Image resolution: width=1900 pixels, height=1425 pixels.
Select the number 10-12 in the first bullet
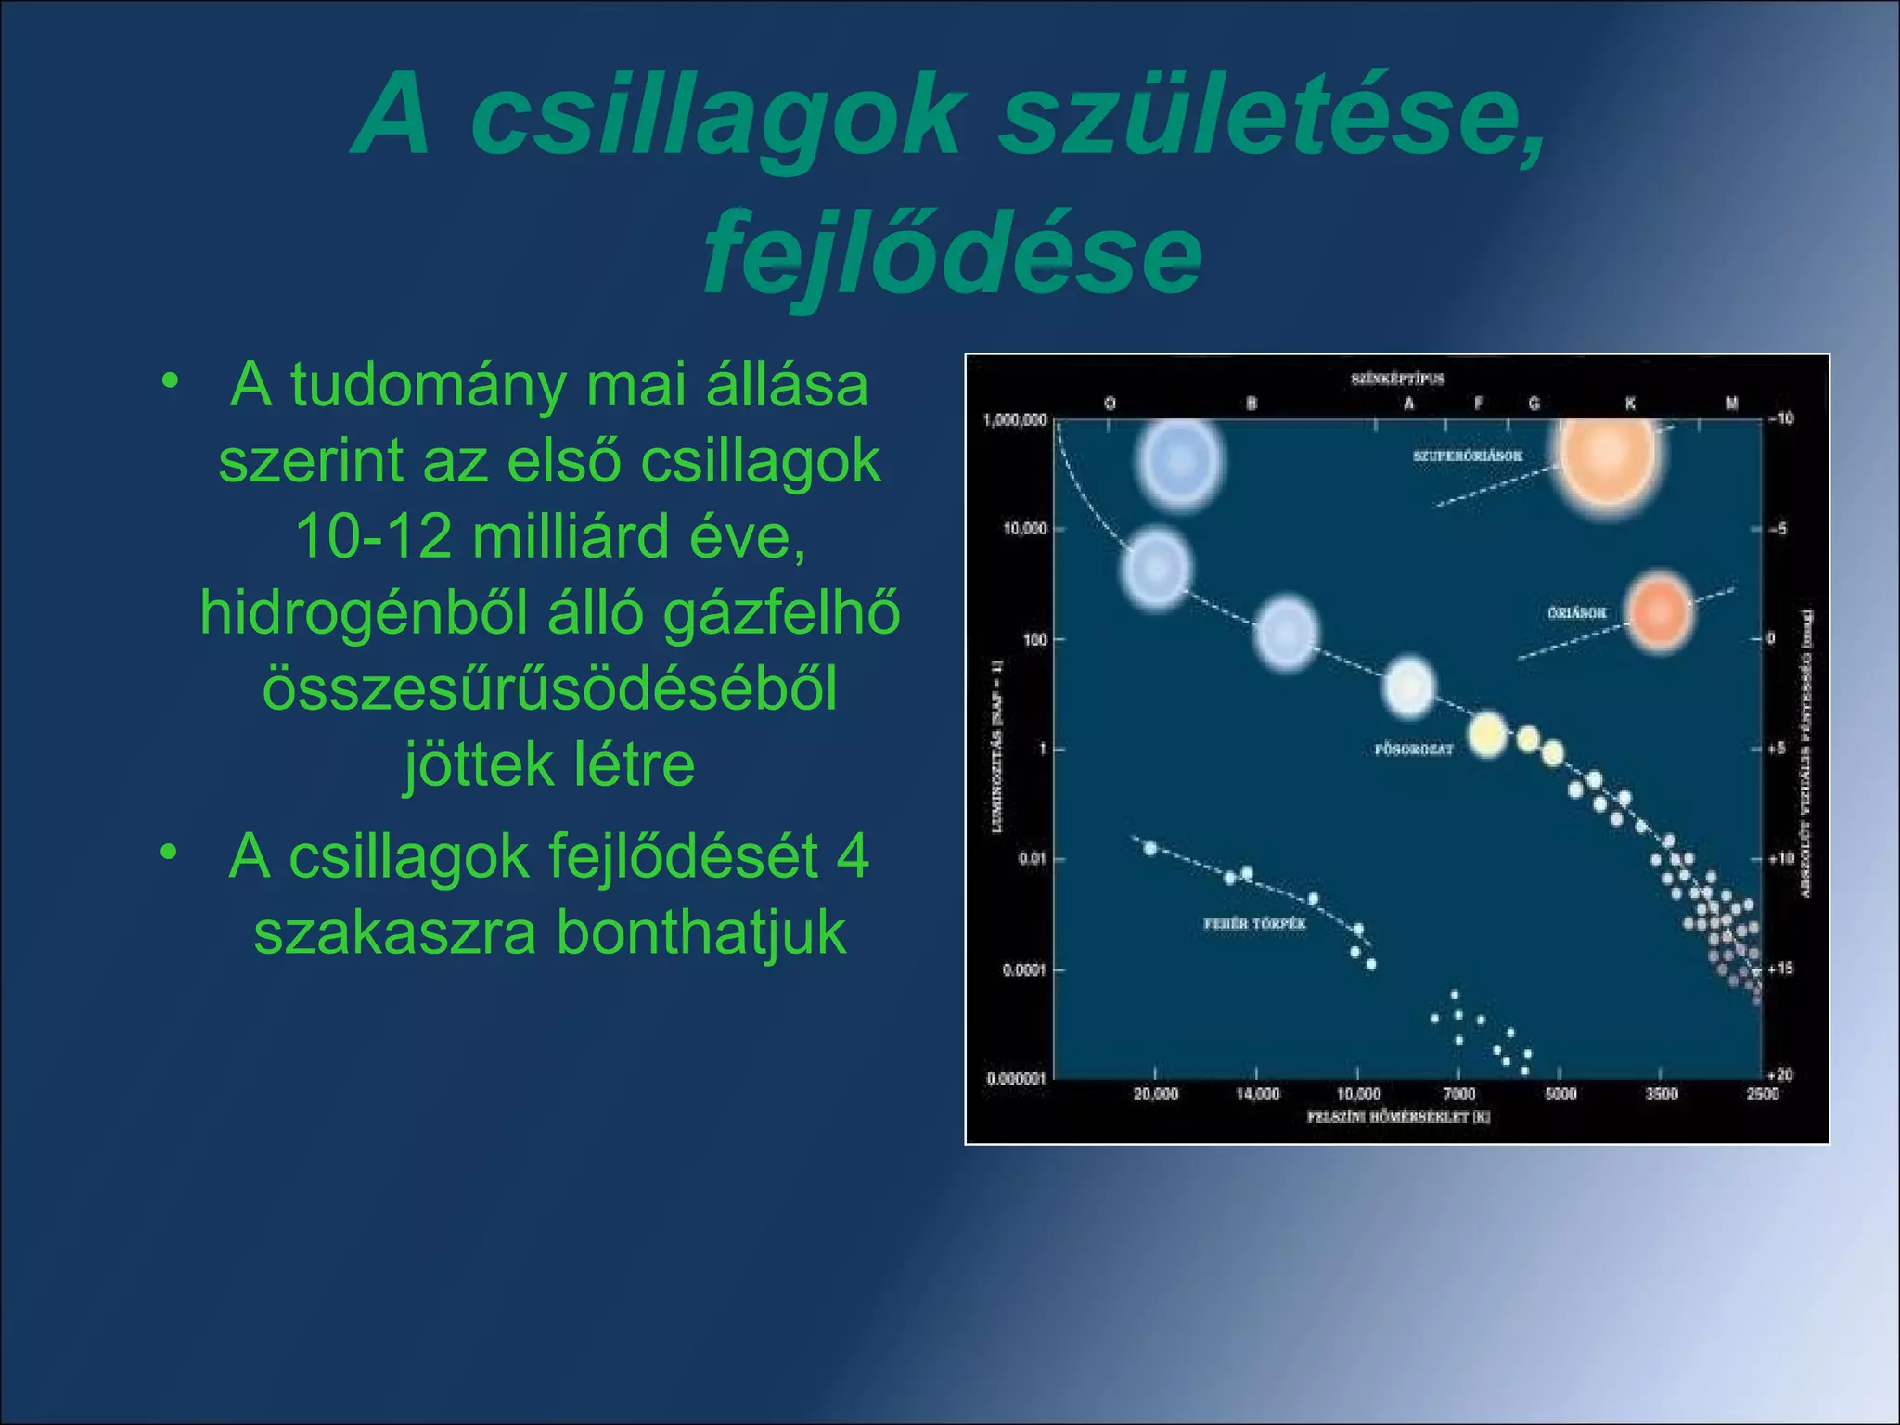(370, 537)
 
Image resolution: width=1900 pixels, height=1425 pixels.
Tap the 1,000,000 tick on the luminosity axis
(1015, 420)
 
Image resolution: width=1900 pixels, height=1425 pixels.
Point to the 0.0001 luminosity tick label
(1024, 970)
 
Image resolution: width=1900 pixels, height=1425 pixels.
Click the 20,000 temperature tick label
(1156, 1095)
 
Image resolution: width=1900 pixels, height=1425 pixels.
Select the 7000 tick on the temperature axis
(1459, 1095)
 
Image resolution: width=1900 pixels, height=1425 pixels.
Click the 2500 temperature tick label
(1763, 1095)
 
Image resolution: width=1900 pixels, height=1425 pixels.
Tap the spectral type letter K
(1630, 404)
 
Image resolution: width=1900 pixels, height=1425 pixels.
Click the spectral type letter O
(1110, 404)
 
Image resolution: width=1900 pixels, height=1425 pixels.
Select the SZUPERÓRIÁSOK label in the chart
(1468, 456)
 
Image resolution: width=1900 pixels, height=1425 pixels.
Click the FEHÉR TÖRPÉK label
(1254, 924)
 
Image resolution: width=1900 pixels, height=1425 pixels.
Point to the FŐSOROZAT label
(1413, 750)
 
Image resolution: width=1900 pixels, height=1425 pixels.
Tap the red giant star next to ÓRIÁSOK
(1660, 611)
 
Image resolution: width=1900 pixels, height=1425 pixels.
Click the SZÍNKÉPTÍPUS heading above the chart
(1398, 379)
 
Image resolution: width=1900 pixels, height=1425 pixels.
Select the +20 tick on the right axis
(1780, 1075)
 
